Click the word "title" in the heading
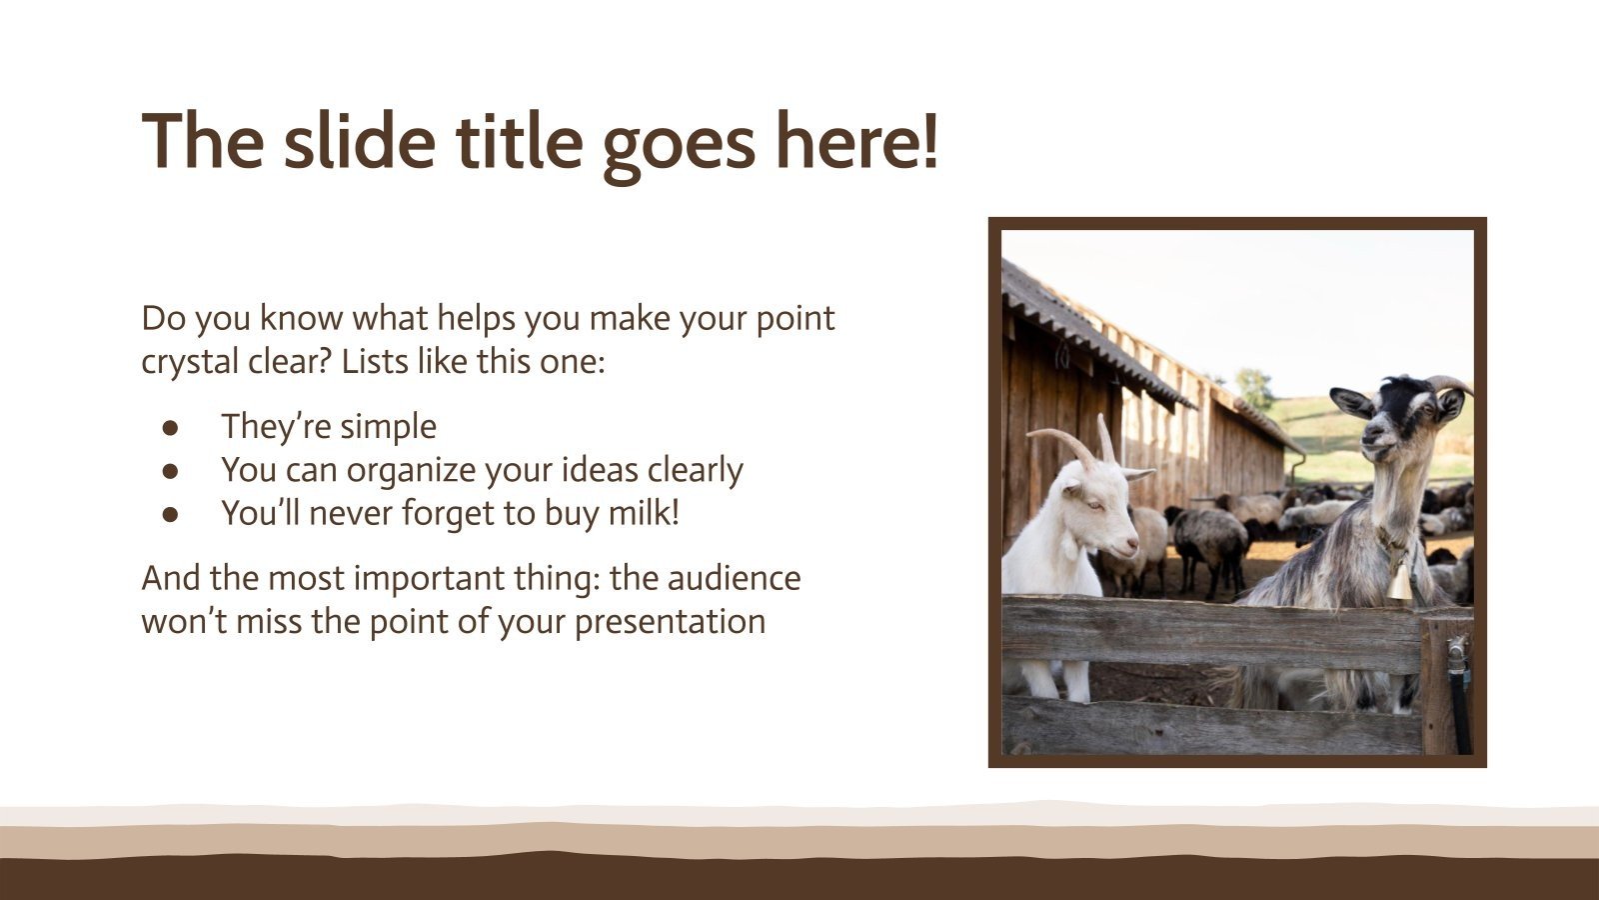519,141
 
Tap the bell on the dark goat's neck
1399,582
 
